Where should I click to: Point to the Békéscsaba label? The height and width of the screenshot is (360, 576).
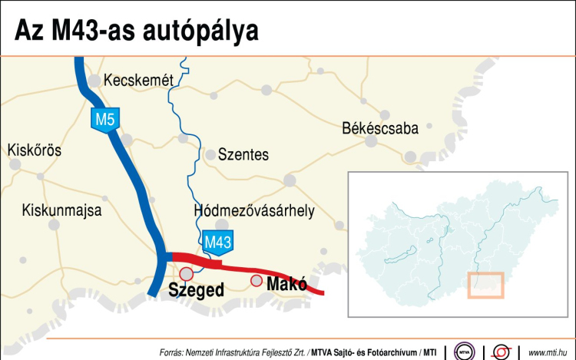pyautogui.click(x=380, y=128)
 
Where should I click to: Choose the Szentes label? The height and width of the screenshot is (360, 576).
pyautogui.click(x=243, y=154)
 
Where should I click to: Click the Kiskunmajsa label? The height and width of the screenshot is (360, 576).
pyautogui.click(x=61, y=209)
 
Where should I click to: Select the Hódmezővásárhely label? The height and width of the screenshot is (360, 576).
pyautogui.click(x=254, y=211)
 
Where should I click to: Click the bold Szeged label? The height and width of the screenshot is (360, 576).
pyautogui.click(x=196, y=290)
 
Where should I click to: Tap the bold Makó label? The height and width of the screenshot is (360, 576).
pyautogui.click(x=286, y=285)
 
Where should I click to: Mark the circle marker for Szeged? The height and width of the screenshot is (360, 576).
pyautogui.click(x=186, y=274)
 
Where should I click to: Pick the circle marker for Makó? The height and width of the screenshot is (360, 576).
pyautogui.click(x=257, y=280)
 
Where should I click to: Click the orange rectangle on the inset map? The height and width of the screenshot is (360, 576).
pyautogui.click(x=485, y=284)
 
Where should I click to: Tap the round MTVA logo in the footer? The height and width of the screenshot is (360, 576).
pyautogui.click(x=464, y=350)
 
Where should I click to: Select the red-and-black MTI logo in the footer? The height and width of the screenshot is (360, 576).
pyautogui.click(x=502, y=350)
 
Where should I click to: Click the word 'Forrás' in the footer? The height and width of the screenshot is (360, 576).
pyautogui.click(x=172, y=352)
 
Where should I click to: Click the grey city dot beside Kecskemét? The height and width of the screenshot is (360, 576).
pyautogui.click(x=94, y=80)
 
